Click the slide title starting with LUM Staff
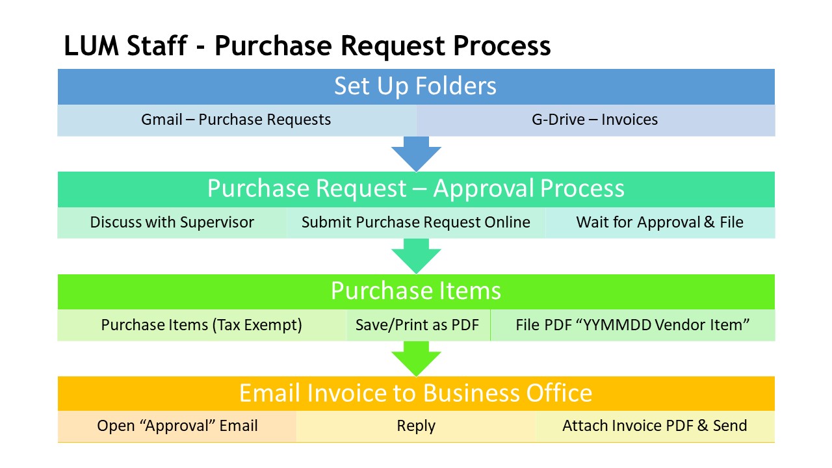[x=307, y=46]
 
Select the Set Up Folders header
[x=416, y=86]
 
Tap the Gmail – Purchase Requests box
[x=237, y=120]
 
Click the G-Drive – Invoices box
[x=595, y=120]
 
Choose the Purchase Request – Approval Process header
[x=416, y=189]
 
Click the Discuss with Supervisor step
[x=172, y=222]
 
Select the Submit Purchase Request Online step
[x=416, y=222]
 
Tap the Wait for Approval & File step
[x=660, y=222]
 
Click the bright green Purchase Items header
[x=416, y=292]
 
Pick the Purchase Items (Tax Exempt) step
[x=202, y=325]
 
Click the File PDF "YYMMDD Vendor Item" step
[x=632, y=325]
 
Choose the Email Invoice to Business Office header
[x=416, y=393]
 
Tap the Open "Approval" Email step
[x=177, y=426]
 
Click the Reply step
[x=417, y=426]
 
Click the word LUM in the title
[x=92, y=46]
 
